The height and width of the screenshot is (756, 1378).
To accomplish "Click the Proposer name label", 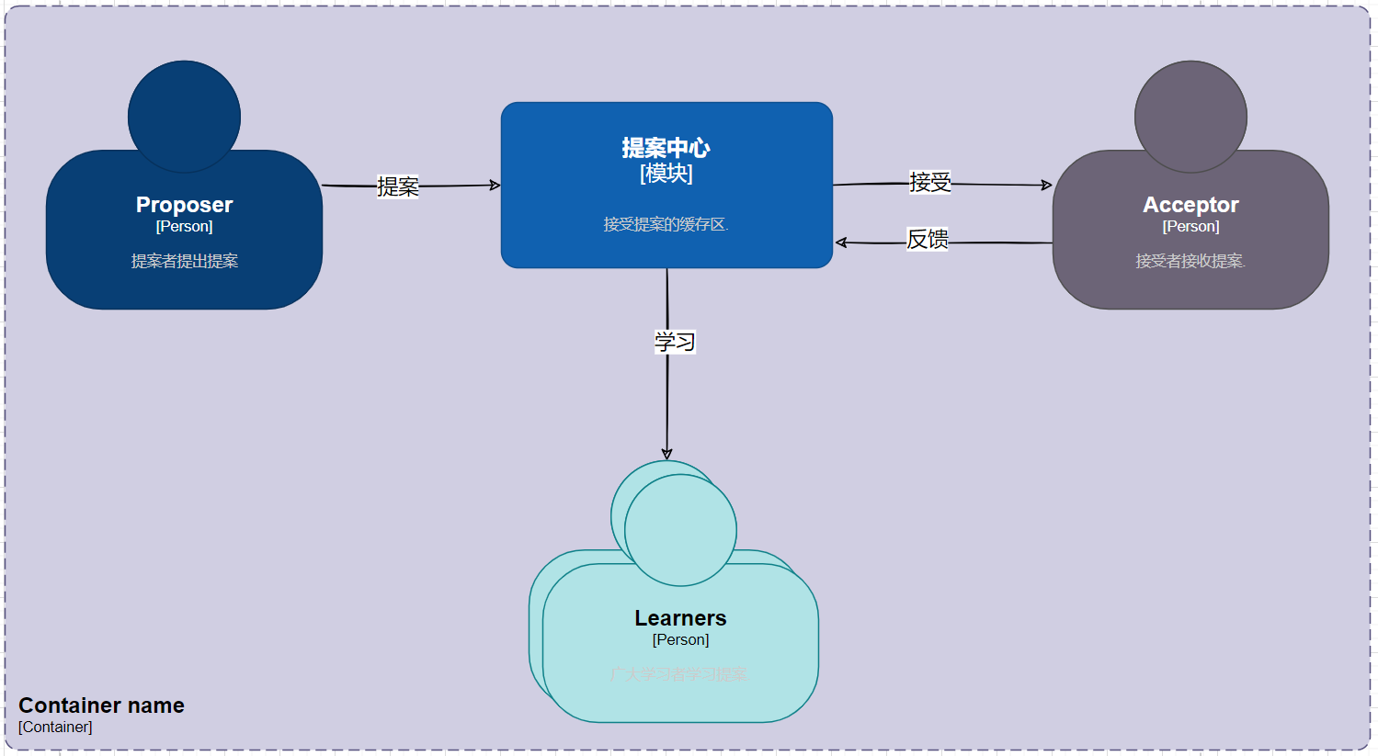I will point(184,205).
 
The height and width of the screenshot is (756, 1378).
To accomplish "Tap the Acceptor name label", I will point(1190,205).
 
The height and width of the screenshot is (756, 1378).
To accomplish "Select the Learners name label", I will point(680,618).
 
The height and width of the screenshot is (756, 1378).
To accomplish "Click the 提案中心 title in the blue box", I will point(666,148).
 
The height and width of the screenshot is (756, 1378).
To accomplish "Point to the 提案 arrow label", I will point(398,186).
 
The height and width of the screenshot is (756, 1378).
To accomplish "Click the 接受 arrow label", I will point(929,182).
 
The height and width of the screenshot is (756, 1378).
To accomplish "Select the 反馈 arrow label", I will point(927,239).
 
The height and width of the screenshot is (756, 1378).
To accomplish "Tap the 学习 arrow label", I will point(675,342).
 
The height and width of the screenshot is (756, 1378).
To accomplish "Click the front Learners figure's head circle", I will point(680,530).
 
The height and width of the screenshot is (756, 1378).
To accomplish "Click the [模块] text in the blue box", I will point(666,174).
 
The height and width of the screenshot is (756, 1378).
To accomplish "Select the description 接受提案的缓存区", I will point(666,224).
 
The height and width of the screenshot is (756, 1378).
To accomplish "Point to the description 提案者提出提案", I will point(184,261).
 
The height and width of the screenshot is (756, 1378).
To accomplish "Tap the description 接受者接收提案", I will point(1190,261).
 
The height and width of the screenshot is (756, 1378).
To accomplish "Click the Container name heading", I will point(101,705).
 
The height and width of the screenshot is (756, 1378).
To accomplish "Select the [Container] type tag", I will point(55,727).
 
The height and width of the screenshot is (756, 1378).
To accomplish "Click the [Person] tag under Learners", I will point(680,639).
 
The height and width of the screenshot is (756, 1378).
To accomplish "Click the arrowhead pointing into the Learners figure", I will point(666,454).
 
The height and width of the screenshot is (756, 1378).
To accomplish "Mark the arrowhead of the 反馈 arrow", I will point(840,243).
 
